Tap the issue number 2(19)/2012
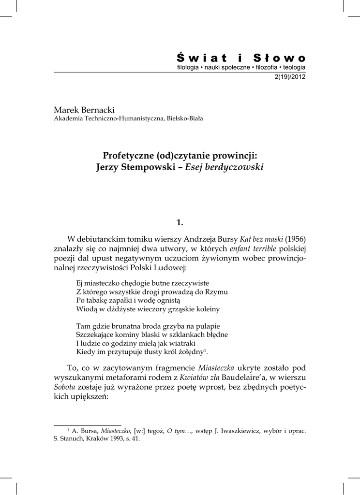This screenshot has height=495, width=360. (290, 77)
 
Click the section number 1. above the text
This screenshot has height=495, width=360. (180, 222)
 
